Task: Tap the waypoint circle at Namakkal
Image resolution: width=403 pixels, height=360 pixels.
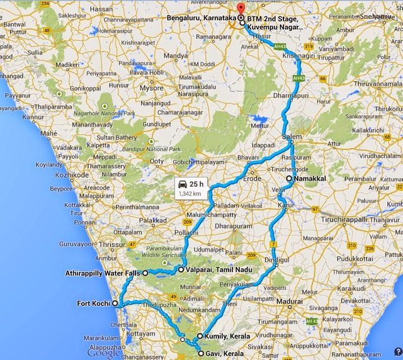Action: [289, 179]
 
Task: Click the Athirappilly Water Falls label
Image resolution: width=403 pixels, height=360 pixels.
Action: [103, 273]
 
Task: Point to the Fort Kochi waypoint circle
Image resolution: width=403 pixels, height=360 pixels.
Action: [115, 303]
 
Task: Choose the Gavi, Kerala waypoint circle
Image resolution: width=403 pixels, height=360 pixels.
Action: [201, 354]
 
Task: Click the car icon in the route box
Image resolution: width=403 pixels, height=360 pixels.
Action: [183, 184]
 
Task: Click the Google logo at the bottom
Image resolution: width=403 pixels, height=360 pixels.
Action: [104, 353]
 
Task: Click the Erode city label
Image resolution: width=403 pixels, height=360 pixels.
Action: [252, 179]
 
